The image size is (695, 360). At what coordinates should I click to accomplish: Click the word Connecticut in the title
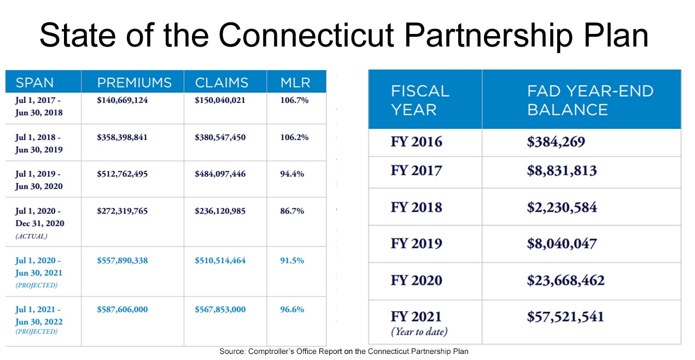pyautogui.click(x=306, y=35)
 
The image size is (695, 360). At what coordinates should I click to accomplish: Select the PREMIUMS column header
pyautogui.click(x=135, y=83)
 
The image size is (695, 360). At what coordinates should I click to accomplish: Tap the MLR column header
pyautogui.click(x=295, y=83)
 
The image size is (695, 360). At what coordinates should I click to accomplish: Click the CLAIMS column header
pyautogui.click(x=221, y=83)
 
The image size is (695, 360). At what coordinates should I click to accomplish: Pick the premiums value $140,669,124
pyautogui.click(x=122, y=100)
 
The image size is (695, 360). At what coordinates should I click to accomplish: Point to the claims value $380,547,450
pyautogui.click(x=220, y=137)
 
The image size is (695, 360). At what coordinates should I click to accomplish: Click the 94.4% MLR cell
pyautogui.click(x=292, y=174)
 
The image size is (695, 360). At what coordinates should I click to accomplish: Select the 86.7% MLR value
pyautogui.click(x=292, y=211)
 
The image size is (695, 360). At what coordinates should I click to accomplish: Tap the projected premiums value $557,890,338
pyautogui.click(x=122, y=260)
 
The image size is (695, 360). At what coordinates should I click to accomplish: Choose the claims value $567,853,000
pyautogui.click(x=220, y=310)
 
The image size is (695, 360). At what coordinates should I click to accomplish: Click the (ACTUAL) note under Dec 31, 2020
pyautogui.click(x=31, y=236)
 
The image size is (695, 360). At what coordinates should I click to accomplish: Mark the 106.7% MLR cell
pyautogui.click(x=294, y=100)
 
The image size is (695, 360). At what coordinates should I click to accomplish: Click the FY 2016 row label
pyautogui.click(x=416, y=142)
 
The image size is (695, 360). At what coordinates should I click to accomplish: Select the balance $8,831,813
pyautogui.click(x=562, y=171)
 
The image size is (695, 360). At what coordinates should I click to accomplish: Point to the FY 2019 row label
pyautogui.click(x=416, y=243)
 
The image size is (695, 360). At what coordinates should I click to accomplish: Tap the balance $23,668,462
pyautogui.click(x=565, y=281)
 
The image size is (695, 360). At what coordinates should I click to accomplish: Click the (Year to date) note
pyautogui.click(x=419, y=332)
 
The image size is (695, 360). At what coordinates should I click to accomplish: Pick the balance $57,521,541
pyautogui.click(x=565, y=317)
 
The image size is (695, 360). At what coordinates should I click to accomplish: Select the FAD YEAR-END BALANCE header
pyautogui.click(x=591, y=100)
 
